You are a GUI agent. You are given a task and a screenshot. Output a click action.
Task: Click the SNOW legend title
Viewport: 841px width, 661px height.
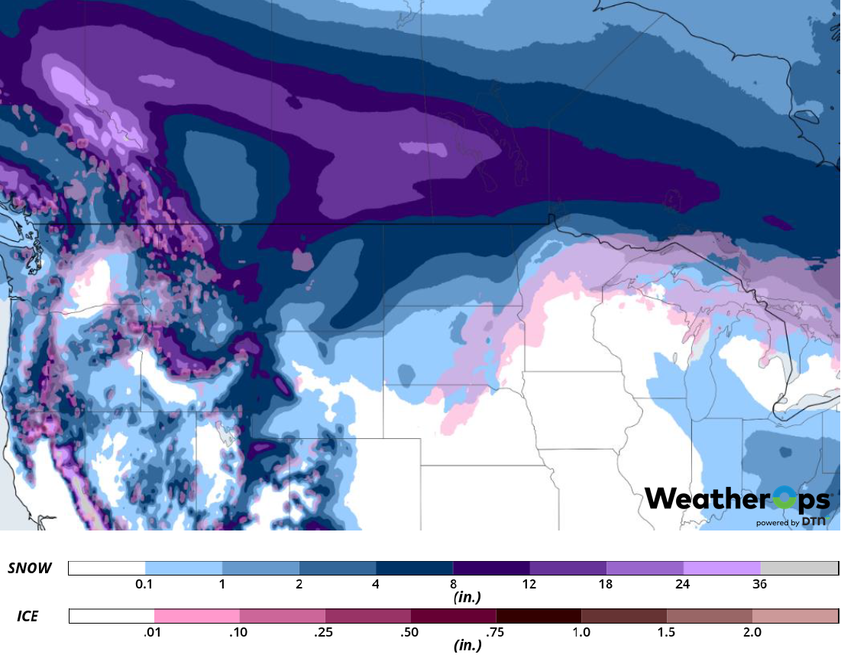click(30, 568)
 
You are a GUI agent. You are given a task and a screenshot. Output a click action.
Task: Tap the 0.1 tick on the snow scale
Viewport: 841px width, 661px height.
click(145, 584)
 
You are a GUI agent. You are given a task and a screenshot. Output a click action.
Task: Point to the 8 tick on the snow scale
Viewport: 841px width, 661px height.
click(453, 584)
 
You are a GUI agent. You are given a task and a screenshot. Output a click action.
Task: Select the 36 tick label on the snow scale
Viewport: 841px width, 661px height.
click(760, 584)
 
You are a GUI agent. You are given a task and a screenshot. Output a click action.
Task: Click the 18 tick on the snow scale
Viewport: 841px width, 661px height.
click(606, 584)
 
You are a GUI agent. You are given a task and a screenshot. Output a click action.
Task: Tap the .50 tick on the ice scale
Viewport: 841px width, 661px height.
click(410, 632)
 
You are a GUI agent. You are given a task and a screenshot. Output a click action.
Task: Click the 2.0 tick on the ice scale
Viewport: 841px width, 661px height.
click(752, 632)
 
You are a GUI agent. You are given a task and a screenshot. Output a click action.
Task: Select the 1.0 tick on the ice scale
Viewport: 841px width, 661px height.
click(581, 632)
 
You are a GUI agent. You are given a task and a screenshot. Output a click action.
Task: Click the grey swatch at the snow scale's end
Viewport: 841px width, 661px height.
click(799, 568)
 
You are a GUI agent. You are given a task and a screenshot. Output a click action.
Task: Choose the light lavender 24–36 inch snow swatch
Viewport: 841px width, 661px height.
click(722, 568)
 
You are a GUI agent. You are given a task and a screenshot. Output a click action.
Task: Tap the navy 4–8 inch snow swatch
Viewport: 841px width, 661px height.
click(414, 568)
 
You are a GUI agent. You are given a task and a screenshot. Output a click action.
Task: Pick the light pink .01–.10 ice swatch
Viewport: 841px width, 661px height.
click(197, 615)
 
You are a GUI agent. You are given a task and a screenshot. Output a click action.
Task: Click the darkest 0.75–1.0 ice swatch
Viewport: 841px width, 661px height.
click(539, 615)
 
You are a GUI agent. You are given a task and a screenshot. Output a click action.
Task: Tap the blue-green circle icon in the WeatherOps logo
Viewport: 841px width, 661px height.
click(782, 500)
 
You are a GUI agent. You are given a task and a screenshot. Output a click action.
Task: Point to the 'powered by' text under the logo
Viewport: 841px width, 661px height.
click(778, 523)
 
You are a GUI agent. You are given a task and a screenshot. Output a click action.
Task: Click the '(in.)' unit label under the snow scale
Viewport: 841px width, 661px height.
click(467, 597)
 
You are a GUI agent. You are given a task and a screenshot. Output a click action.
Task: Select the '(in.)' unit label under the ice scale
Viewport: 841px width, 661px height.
click(467, 645)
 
